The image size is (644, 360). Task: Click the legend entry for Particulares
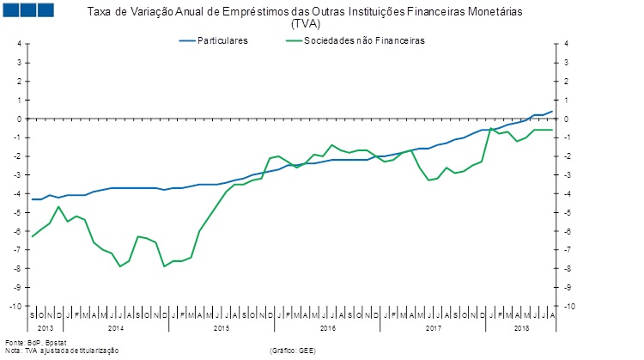pos(222,40)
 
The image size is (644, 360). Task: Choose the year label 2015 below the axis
pos(221,328)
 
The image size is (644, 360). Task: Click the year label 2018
pos(521,328)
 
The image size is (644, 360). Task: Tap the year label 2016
pos(326,328)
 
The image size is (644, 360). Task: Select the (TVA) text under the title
pos(306,24)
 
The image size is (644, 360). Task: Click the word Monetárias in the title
pos(492,13)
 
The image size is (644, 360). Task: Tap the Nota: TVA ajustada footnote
pos(60,351)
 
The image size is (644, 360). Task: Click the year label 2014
pos(115,328)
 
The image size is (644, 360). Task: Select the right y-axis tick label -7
pos(568,251)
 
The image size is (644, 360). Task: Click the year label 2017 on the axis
pos(432,328)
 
